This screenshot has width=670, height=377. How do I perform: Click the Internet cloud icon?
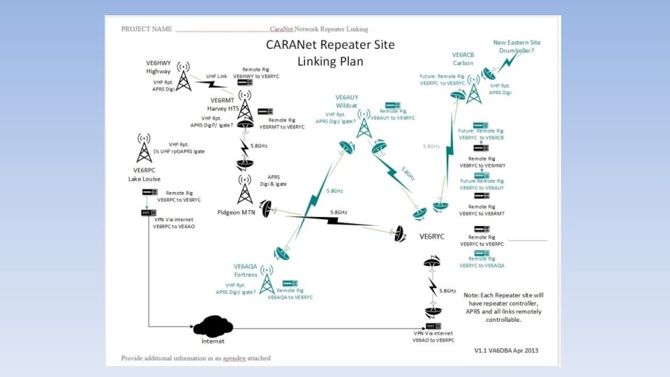pyautogui.click(x=214, y=326)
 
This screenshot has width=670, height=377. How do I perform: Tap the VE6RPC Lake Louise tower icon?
pyautogui.click(x=144, y=149)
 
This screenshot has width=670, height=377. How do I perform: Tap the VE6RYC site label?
pyautogui.click(x=431, y=237)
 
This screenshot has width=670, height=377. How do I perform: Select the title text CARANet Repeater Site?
pyautogui.click(x=330, y=45)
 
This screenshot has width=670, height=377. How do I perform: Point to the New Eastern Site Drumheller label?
pyautogui.click(x=516, y=47)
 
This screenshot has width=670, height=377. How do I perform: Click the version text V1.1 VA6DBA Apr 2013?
pyautogui.click(x=506, y=350)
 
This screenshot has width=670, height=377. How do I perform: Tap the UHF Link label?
pyautogui.click(x=216, y=76)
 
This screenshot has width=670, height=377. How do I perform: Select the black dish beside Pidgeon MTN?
pyautogui.click(x=266, y=208)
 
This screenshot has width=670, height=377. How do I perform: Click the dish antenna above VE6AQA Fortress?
pyautogui.click(x=283, y=252)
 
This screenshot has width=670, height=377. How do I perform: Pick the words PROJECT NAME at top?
pyautogui.click(x=147, y=29)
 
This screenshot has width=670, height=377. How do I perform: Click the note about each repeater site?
pyautogui.click(x=502, y=307)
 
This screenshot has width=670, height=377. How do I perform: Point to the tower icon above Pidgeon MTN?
pyautogui.click(x=245, y=188)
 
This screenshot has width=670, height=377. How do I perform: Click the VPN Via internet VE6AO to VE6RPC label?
pyautogui.click(x=433, y=338)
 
